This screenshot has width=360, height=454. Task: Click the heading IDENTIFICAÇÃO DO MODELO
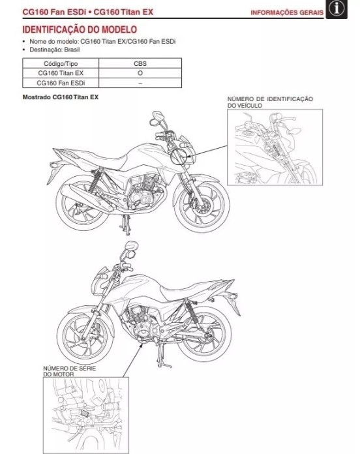[x=80, y=30]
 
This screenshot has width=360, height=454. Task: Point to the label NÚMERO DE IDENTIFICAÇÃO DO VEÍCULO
[x=269, y=102]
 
